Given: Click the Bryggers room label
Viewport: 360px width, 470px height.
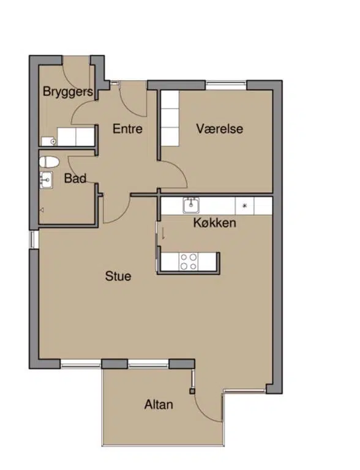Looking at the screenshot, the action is click(68, 92).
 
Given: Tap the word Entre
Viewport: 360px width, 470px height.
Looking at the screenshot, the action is click(127, 129).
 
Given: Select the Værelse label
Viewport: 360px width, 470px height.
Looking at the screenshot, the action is click(220, 129).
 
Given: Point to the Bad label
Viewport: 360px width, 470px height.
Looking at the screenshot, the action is click(75, 178).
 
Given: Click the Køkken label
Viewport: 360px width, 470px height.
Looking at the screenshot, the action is click(214, 223).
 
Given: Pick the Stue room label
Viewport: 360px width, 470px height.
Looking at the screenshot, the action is click(118, 276).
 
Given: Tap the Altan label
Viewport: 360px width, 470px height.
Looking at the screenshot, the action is click(159, 405).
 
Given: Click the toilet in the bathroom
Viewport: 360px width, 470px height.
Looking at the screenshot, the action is click(49, 162).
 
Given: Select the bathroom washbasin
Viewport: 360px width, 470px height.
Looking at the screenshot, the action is click(46, 180).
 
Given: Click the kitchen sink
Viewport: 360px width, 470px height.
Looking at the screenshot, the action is click(191, 206).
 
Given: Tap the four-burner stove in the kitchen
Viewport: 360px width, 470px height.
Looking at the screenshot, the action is click(189, 262).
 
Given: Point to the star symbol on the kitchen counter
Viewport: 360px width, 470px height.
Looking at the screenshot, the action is click(244, 206).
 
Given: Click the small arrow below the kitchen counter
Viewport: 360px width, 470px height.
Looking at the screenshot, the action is click(163, 234).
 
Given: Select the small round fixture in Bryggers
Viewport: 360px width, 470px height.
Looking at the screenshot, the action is click(53, 141).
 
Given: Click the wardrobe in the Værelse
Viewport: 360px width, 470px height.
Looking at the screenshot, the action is click(170, 118).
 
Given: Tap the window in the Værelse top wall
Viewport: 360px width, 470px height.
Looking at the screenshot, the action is click(226, 86).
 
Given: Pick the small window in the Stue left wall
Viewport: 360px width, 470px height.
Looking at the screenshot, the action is click(34, 239).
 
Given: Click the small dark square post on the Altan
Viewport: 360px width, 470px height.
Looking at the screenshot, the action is click(192, 391).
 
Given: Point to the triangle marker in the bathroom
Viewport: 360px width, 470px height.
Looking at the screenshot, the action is click(42, 210).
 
